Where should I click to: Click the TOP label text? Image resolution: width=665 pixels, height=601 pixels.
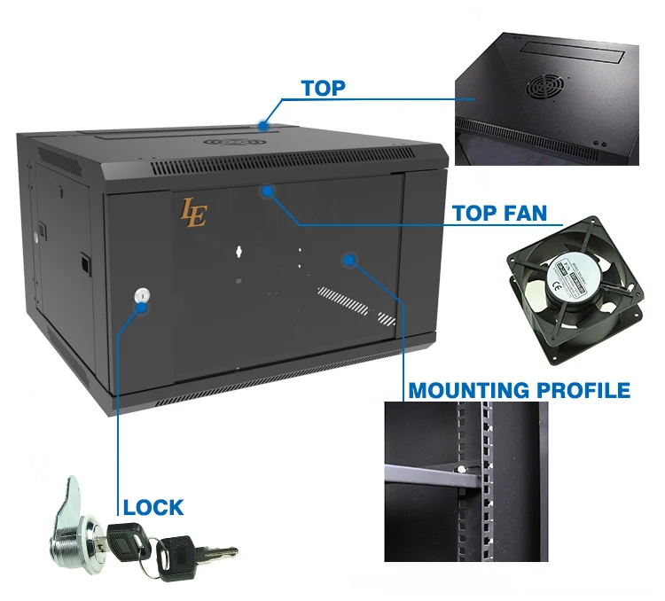[323, 88]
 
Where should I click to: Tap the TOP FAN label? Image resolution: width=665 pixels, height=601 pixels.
[499, 214]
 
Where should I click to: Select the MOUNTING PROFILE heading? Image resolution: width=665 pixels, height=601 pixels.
[519, 390]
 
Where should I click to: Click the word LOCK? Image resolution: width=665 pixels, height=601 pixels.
[153, 508]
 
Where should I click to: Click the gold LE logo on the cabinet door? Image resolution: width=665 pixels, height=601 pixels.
[193, 214]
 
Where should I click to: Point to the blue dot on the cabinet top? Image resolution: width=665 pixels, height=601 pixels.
[265, 126]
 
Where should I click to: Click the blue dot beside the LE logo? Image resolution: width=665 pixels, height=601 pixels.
[267, 191]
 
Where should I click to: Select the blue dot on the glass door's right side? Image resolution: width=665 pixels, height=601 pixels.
[350, 260]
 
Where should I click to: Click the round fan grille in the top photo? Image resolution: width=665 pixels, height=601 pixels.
[544, 86]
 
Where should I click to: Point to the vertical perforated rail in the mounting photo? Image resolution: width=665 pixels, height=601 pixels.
[484, 479]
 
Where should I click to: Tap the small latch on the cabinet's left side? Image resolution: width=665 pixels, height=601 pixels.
[83, 263]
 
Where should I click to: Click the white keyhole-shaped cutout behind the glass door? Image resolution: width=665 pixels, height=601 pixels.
[239, 252]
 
